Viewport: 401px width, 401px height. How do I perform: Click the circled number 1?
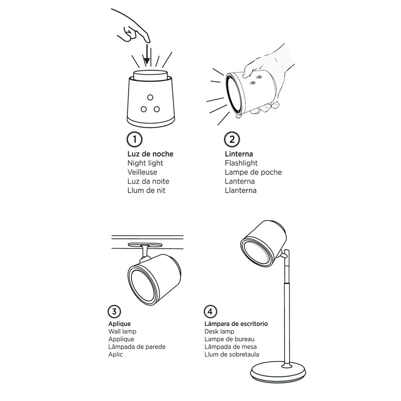(134, 140)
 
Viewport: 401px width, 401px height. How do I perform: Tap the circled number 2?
(232, 140)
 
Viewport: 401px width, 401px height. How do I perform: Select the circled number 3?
(114, 312)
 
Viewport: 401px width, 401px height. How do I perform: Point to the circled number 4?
(210, 312)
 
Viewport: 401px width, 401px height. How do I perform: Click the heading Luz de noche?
(150, 154)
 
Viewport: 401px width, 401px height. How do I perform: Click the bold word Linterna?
(239, 154)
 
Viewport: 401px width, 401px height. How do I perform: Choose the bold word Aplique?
(119, 324)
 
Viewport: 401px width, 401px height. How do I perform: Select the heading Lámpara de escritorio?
(236, 324)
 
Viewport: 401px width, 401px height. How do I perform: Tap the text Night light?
(145, 163)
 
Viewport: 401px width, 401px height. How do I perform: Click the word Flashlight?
(241, 163)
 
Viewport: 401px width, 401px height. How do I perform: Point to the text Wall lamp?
(122, 332)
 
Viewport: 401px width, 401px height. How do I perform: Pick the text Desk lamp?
(219, 332)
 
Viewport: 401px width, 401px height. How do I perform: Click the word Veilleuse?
(142, 172)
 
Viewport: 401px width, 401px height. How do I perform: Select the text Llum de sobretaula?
(232, 354)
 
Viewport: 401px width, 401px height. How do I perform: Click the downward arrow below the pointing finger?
(147, 55)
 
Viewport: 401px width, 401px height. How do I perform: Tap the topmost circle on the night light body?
(150, 97)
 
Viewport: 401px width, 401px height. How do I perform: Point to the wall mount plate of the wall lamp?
(145, 245)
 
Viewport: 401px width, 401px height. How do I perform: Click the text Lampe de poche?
(253, 172)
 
